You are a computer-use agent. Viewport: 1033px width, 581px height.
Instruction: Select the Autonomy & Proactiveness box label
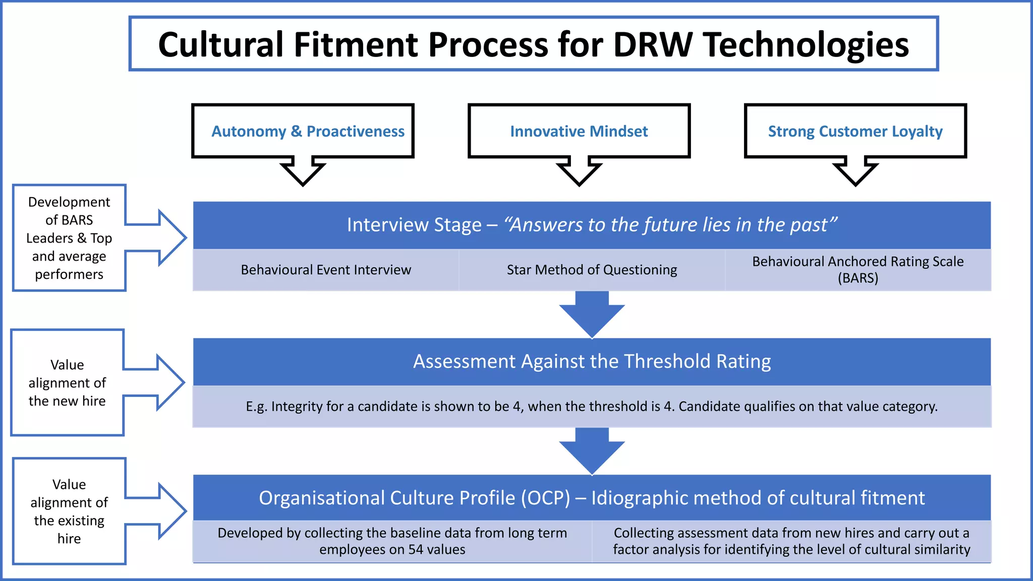[308, 132]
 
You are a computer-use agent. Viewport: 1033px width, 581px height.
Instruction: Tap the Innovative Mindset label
[579, 132]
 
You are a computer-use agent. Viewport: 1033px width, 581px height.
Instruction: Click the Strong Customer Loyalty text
[855, 132]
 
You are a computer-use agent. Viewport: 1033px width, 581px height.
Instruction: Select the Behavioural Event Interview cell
[326, 270]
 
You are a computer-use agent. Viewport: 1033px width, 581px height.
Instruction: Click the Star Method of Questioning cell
[592, 270]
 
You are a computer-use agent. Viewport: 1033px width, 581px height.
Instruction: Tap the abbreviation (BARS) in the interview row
[857, 278]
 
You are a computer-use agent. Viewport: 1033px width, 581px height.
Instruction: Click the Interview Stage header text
[414, 225]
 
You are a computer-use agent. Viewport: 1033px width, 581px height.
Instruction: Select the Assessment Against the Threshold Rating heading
[592, 362]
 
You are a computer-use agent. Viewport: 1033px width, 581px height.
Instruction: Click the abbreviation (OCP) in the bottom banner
[545, 498]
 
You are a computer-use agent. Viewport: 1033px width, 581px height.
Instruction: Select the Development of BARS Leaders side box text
[69, 238]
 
